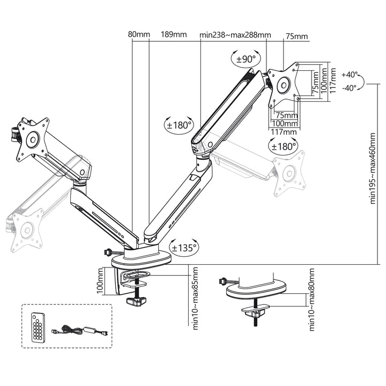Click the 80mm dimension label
coord(139,35)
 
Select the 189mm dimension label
coord(174,35)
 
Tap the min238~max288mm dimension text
coord(235,35)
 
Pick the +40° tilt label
coord(348,75)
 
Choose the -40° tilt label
coord(348,87)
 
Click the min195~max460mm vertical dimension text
coord(373,169)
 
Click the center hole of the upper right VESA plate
coord(283,84)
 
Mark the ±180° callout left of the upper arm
coord(179,125)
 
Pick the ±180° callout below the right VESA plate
coord(284,146)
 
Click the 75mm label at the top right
coord(296,36)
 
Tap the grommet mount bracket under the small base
coord(256,310)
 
